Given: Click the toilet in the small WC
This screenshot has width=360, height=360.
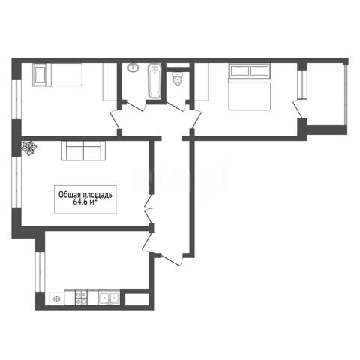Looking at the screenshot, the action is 177,79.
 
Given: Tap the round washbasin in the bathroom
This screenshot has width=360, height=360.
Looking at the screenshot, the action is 133,67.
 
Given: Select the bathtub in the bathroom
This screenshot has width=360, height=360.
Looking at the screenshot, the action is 154,81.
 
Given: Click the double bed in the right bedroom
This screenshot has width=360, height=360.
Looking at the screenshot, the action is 250,86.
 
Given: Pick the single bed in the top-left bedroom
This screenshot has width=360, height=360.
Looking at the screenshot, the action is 58,74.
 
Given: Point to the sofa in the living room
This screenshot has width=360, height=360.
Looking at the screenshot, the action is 83,151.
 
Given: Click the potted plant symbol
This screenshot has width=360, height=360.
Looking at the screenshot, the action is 29,148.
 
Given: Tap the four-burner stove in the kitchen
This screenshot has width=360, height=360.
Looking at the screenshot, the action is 81,297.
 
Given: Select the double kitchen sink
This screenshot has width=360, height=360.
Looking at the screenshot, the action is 109,297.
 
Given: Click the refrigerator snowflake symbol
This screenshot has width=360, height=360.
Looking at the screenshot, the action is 57,298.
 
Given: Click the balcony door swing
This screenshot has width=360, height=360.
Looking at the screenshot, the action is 298,108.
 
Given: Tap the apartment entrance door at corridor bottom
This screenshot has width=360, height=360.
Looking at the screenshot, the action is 173,259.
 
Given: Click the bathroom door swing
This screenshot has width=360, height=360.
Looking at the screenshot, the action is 135,106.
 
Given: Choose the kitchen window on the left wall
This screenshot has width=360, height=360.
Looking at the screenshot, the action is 40,271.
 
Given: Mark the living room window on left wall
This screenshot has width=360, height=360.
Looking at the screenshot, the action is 16,182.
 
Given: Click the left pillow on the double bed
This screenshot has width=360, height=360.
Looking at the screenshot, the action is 240,70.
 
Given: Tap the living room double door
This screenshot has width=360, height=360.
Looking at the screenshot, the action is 149,208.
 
